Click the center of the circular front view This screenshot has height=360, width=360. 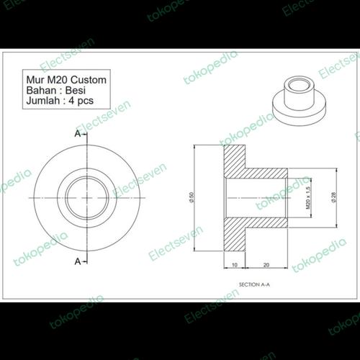(x=87, y=197)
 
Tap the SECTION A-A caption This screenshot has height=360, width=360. (x=254, y=285)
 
